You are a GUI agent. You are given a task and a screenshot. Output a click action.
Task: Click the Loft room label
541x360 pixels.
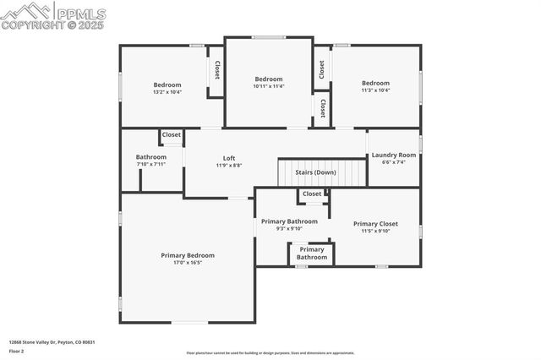click(x=229, y=158)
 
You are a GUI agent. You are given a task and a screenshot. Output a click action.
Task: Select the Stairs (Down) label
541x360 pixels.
click(x=315, y=172)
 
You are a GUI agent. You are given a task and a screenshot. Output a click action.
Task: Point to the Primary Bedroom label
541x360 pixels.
click(x=188, y=255)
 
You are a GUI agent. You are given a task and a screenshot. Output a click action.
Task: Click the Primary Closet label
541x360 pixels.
click(x=374, y=224)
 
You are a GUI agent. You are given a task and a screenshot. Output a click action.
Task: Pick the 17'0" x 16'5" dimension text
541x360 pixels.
click(x=188, y=263)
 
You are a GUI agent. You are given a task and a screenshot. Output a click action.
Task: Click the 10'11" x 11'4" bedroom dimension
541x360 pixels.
click(x=269, y=86)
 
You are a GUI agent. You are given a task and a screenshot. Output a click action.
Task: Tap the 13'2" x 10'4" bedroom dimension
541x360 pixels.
click(x=167, y=92)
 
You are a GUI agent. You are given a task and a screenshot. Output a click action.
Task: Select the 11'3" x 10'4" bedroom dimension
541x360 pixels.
click(x=375, y=90)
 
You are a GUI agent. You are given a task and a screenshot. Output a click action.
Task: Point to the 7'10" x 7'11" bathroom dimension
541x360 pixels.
click(x=151, y=165)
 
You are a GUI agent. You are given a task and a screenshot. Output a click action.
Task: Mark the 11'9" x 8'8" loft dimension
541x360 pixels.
click(x=229, y=166)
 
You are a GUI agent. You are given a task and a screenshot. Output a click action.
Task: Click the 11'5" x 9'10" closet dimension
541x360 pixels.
click(x=374, y=232)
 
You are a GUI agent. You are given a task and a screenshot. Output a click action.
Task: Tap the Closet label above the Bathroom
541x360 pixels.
click(x=172, y=135)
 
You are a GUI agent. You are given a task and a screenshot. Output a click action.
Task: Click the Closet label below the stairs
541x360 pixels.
click(x=312, y=194)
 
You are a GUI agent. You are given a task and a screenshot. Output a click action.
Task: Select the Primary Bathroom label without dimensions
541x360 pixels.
click(x=312, y=254)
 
